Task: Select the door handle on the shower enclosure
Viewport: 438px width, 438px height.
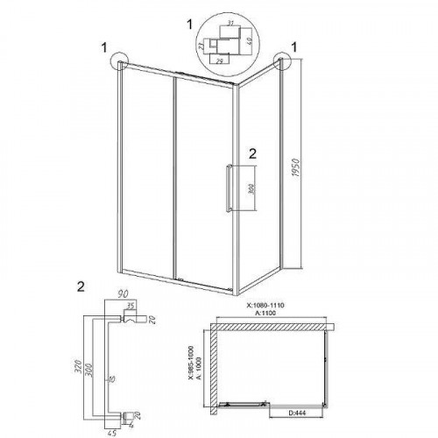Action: (229, 187)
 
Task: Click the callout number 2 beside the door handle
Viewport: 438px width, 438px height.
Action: (251, 153)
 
